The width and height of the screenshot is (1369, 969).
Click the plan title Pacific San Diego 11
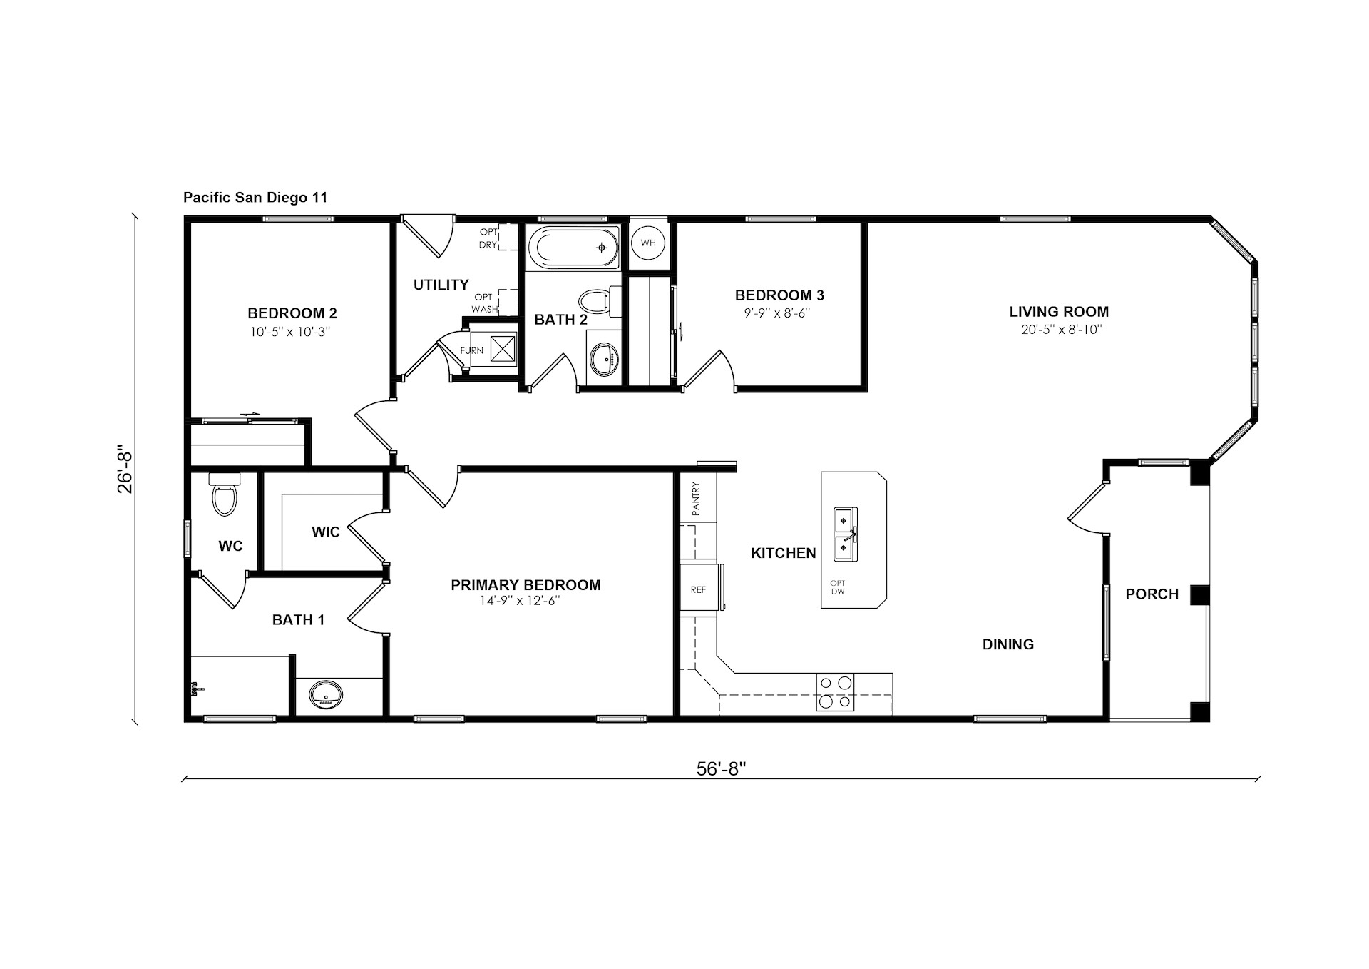255,197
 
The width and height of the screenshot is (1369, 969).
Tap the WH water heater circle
648,243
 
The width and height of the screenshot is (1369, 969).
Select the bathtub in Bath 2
573,248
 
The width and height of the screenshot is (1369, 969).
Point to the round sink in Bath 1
326,694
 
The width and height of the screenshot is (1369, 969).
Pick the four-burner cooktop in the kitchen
835,692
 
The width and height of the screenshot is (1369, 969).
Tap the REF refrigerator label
698,589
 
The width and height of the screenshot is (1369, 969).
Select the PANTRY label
696,499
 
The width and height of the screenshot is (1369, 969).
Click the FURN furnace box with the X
503,349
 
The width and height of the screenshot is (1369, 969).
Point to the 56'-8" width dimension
721,768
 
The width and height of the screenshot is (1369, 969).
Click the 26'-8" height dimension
125,471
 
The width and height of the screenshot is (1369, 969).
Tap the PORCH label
1152,594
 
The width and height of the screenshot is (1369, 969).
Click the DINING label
1008,644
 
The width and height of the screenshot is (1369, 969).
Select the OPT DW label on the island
837,587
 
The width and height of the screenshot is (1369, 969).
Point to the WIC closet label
325,532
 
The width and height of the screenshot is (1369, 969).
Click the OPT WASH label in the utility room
484,303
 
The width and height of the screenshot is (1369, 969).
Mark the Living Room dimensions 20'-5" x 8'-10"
1061,329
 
